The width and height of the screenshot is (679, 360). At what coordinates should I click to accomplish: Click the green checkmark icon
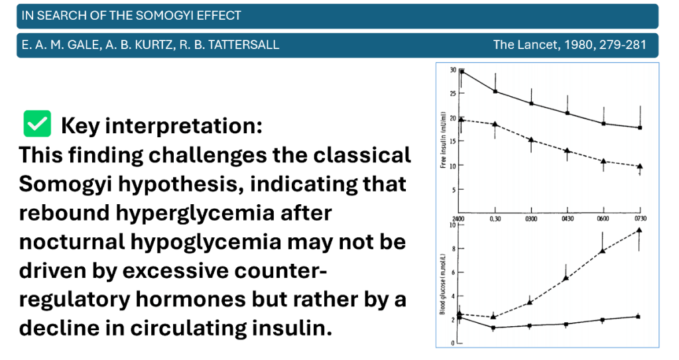coord(37,123)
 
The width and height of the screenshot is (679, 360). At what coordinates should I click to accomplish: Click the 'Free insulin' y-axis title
coord(443,141)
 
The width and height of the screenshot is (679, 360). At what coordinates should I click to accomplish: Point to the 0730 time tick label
coord(640,218)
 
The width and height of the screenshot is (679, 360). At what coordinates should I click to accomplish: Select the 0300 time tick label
coord(530,218)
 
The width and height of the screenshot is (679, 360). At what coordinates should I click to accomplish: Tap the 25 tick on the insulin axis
coord(452,93)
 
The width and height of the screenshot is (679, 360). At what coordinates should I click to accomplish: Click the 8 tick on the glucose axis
coord(453,249)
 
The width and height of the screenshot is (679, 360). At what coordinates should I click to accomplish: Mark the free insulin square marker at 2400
coord(462,71)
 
